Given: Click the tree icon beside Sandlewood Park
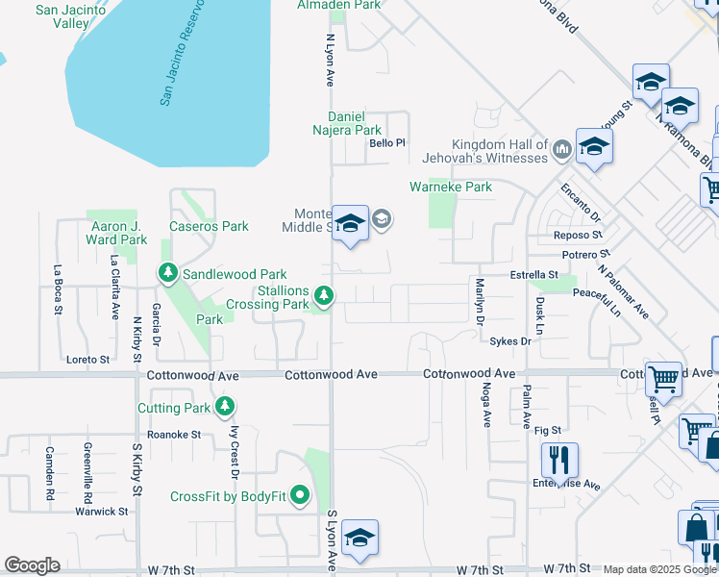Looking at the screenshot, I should [168, 274].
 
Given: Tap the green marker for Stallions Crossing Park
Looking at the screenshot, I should [325, 296].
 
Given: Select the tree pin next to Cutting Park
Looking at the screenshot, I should [224, 408].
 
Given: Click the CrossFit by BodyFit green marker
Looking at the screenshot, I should [300, 496].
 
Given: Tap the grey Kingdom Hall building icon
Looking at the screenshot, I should [562, 149].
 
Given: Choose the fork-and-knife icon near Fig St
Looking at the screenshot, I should [558, 460].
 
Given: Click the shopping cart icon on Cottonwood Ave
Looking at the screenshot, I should [663, 378].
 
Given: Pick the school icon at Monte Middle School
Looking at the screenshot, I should [350, 223].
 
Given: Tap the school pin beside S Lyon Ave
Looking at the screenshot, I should [359, 538].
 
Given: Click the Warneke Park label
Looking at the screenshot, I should [451, 187].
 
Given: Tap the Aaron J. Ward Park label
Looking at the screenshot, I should [115, 233].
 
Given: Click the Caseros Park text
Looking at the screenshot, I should [209, 227].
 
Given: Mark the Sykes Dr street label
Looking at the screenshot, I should [509, 341].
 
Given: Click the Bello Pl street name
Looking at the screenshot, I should [388, 143].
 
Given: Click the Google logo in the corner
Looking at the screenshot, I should [32, 565].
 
